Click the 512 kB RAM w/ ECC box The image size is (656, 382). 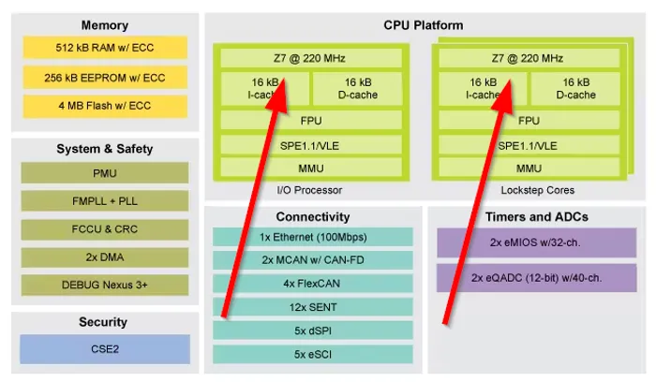click(x=104, y=48)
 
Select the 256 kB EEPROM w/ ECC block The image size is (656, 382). click(x=104, y=78)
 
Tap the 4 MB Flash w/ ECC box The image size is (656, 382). click(x=104, y=107)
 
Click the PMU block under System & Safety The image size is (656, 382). click(x=104, y=173)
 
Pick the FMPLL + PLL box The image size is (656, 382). click(x=104, y=201)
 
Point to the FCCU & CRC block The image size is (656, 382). click(x=104, y=229)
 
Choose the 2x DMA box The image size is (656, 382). click(x=104, y=257)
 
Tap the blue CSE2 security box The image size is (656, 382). click(x=104, y=349)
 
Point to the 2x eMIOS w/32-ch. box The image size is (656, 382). click(x=536, y=242)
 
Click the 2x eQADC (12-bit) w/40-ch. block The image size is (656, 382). click(x=536, y=277)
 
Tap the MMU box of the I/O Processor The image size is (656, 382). click(x=311, y=169)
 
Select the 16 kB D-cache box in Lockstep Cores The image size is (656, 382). click(x=574, y=89)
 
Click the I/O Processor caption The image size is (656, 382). click(x=311, y=190)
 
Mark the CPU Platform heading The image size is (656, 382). click(x=423, y=25)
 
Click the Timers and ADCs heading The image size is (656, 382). click(x=536, y=217)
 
